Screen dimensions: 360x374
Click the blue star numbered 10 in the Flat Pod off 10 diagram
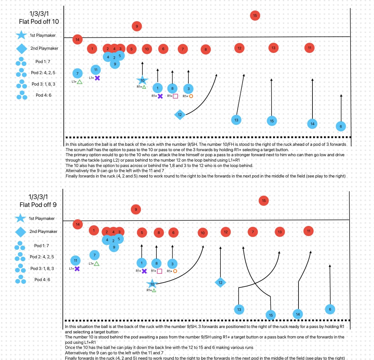142,80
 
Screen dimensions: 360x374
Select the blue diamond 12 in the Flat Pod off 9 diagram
220,282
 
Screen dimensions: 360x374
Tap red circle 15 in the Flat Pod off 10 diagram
255,16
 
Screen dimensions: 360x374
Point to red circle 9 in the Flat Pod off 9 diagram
136,209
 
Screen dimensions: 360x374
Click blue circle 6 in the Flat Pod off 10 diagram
341,126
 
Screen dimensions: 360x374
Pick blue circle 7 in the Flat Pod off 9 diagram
95,255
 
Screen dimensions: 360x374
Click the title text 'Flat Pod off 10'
39,22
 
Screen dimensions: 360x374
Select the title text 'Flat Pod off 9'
38,205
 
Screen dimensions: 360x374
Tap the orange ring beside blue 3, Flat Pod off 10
191,96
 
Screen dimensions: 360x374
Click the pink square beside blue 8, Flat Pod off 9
160,271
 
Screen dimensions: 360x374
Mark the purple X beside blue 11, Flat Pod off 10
97,78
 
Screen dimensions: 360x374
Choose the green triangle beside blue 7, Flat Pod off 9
96,264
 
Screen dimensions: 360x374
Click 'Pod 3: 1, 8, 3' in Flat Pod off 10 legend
43,84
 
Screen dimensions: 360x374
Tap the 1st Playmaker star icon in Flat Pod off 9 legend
21,218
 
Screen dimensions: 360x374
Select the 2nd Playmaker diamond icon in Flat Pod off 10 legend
22,48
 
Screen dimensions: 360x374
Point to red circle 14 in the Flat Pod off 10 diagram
77,40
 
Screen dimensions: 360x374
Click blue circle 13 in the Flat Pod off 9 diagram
239,310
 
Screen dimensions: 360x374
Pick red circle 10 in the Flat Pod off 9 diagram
203,233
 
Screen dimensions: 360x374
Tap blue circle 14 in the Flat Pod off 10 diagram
312,124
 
